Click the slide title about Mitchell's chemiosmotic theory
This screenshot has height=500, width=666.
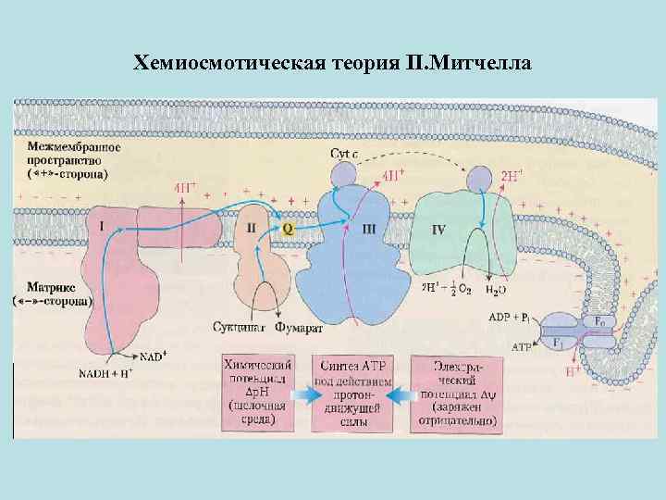[333, 63]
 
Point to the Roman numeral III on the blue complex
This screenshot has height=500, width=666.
[369, 228]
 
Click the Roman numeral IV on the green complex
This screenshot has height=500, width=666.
[441, 228]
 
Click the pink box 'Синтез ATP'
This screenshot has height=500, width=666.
[352, 393]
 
